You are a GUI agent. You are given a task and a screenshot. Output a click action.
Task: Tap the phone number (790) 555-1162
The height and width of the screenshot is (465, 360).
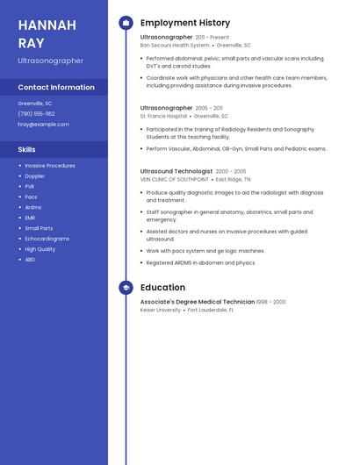click(36, 113)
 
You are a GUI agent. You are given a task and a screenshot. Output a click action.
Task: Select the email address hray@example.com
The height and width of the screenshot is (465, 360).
click(43, 124)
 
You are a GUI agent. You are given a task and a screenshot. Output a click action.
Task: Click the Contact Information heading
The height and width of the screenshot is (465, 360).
click(56, 87)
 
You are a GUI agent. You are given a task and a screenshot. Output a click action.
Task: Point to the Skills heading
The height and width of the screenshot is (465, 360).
click(26, 149)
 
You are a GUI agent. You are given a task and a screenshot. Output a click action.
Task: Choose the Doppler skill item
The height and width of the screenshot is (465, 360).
click(34, 175)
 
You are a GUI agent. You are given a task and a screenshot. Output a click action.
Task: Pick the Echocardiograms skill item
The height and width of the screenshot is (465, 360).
click(47, 239)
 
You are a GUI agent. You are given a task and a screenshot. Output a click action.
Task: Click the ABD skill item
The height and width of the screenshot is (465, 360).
click(30, 260)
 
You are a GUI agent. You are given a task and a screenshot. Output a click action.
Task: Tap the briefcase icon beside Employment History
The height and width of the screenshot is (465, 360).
click(126, 23)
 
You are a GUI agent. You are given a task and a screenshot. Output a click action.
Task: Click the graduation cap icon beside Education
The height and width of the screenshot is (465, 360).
click(126, 288)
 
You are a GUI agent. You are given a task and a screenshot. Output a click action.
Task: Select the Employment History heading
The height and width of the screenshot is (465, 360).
click(185, 23)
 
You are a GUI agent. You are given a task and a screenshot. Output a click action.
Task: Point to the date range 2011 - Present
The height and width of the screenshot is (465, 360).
click(212, 38)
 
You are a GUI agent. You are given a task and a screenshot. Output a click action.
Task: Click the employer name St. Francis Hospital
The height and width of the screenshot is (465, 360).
click(163, 116)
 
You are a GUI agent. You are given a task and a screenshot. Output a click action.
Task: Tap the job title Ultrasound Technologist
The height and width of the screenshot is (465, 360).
click(176, 171)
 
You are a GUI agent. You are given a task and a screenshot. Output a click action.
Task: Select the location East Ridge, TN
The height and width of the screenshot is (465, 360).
click(234, 179)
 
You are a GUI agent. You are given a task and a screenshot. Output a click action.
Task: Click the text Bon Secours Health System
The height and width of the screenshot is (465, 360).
click(175, 45)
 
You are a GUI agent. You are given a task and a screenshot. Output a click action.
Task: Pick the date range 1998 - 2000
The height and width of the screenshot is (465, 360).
click(270, 302)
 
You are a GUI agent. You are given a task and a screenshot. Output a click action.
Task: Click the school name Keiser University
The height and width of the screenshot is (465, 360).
click(161, 310)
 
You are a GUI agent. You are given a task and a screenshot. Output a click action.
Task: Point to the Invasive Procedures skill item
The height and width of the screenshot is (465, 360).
click(50, 165)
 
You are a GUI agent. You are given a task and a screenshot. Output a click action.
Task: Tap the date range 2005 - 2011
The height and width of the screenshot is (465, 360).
click(209, 108)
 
